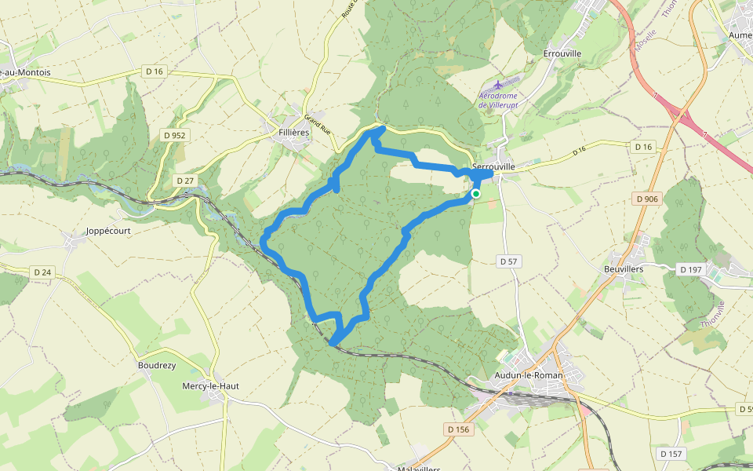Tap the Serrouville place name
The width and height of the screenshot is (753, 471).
493,166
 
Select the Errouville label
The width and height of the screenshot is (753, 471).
562,53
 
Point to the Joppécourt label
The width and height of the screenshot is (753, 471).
107,231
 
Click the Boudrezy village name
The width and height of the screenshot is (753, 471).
156,365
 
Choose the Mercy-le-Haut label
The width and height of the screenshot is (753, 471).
210,385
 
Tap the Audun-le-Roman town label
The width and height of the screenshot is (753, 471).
529,375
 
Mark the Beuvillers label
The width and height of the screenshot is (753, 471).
624,268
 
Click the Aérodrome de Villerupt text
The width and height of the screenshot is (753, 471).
500,100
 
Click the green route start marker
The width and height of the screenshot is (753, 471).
475,193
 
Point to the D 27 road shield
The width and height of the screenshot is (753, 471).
185,181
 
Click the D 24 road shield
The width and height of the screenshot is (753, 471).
42,272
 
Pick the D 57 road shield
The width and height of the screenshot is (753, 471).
509,261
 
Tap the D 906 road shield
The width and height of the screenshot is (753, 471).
647,199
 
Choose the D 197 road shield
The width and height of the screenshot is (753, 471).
691,269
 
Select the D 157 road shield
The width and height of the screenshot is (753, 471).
671,454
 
